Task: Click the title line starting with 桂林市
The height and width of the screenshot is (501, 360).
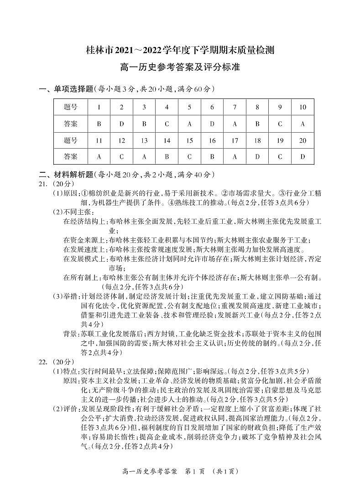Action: pyautogui.click(x=180, y=50)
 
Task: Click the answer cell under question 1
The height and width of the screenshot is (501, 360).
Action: pyautogui.click(x=99, y=124)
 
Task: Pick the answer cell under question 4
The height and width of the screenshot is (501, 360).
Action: pyautogui.click(x=167, y=124)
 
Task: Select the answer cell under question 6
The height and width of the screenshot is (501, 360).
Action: pyautogui.click(x=212, y=124)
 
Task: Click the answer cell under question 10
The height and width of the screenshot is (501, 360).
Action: pyautogui.click(x=303, y=124)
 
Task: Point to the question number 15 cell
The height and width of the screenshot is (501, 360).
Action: pyautogui.click(x=189, y=140)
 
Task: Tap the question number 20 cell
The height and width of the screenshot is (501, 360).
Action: pyautogui.click(x=303, y=140)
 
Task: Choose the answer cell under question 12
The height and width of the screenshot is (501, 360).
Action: pyautogui.click(x=122, y=156)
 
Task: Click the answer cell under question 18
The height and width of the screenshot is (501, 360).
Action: pyautogui.click(x=257, y=156)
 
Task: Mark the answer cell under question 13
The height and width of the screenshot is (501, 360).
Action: pyautogui.click(x=144, y=156)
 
